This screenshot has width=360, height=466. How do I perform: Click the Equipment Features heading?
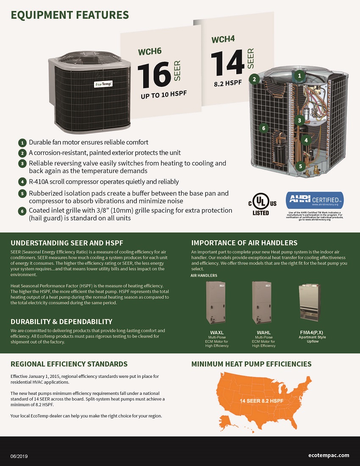point(69,15)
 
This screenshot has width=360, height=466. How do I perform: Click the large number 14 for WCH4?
point(227,62)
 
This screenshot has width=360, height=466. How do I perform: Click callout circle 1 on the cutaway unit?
point(299,76)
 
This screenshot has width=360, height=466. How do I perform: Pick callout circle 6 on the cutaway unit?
point(263,128)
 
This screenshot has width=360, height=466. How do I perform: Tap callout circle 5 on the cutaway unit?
point(300,166)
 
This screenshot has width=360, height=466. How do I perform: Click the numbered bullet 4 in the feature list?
point(22,182)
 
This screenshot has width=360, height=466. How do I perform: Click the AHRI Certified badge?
point(315,200)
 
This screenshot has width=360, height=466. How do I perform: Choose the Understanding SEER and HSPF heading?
point(67,243)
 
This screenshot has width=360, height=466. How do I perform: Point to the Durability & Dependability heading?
point(61,322)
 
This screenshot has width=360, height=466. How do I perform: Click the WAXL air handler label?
point(217,332)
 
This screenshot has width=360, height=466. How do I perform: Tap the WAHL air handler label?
point(263,332)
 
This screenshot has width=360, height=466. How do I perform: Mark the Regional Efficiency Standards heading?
point(69,364)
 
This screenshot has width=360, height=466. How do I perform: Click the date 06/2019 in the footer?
point(20,455)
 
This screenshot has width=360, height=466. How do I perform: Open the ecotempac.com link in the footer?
point(329,455)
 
